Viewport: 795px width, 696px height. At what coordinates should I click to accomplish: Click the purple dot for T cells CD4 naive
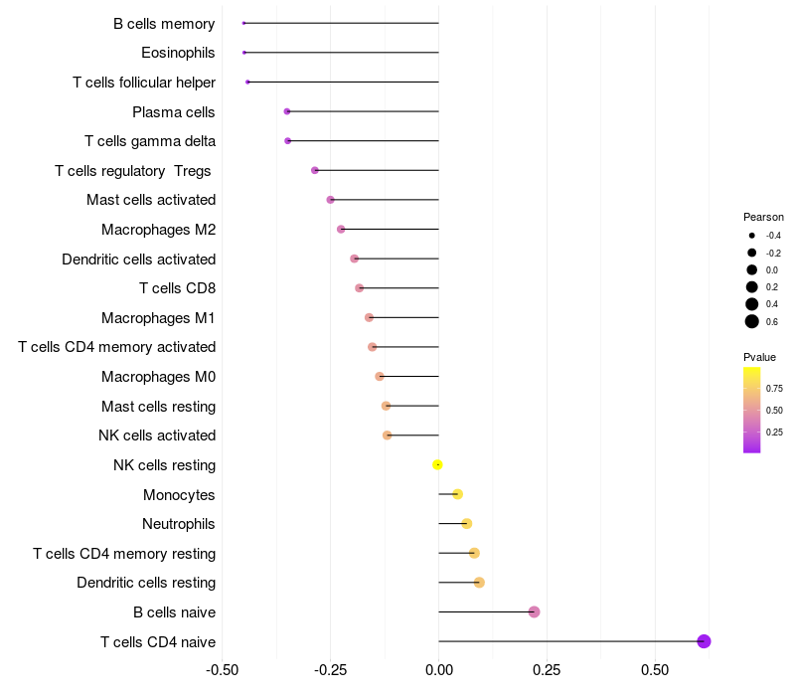click(x=704, y=641)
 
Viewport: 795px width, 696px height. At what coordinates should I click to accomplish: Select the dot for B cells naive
click(x=534, y=611)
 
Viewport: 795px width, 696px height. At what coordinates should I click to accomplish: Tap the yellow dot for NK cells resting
click(x=437, y=464)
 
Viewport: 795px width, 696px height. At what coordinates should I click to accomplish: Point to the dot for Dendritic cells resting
click(x=479, y=583)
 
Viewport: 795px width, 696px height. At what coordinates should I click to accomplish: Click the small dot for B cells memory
click(x=243, y=23)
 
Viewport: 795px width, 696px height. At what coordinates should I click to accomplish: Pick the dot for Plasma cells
click(x=287, y=111)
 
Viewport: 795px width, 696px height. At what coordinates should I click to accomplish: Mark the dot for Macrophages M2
click(x=341, y=229)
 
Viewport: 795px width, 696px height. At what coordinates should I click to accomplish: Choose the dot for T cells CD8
click(x=360, y=288)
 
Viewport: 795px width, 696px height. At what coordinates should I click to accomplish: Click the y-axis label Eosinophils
click(x=178, y=53)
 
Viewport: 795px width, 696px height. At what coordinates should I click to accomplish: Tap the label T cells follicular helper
click(x=144, y=83)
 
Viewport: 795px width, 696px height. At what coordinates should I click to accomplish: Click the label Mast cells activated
click(x=151, y=200)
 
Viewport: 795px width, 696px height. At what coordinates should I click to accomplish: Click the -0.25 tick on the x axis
click(x=330, y=669)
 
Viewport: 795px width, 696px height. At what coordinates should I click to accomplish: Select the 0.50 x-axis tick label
click(x=655, y=669)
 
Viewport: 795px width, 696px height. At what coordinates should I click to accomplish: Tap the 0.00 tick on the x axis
click(x=438, y=669)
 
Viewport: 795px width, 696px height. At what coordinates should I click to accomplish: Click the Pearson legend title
click(x=763, y=217)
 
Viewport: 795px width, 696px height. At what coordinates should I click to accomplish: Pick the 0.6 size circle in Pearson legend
click(x=752, y=321)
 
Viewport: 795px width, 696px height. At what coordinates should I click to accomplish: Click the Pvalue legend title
click(x=759, y=357)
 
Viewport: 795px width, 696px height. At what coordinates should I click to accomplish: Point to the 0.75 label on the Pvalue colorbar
click(x=774, y=388)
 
